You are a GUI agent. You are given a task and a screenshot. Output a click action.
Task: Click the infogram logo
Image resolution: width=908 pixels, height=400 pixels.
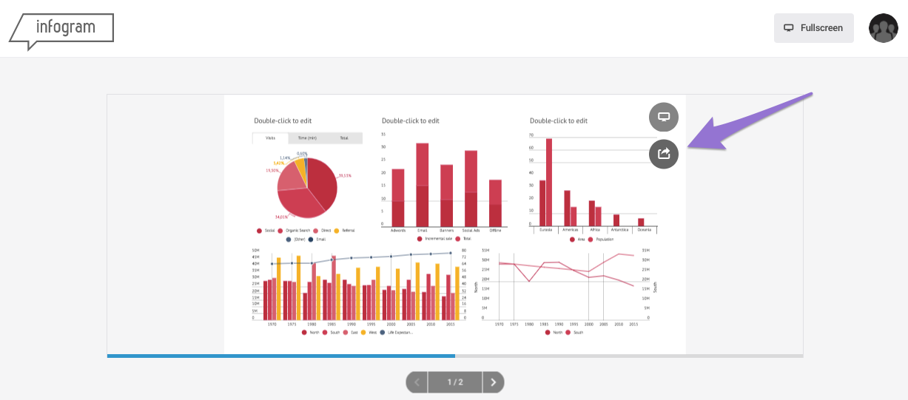coord(62,28)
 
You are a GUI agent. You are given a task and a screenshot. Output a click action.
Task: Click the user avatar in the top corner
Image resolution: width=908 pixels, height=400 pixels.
coord(883,28)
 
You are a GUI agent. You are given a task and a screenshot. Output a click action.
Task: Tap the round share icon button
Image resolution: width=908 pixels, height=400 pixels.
coord(664,154)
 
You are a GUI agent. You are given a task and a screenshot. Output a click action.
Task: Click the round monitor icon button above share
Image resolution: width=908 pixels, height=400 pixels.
coord(664,117)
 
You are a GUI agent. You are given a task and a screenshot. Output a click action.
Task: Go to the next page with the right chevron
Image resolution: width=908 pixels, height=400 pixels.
coord(494,382)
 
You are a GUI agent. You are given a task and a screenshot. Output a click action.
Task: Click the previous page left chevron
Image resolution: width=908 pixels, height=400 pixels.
coord(417,382)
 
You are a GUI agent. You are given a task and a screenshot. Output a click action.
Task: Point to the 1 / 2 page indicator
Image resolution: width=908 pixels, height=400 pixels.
coord(455,382)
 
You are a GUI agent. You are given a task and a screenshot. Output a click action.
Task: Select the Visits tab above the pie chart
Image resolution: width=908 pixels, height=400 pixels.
coord(271,138)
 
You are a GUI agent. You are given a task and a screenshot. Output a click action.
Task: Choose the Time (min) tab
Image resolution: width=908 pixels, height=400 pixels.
coord(307,138)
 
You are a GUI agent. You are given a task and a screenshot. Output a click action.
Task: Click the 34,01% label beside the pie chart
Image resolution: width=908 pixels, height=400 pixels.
coord(281,217)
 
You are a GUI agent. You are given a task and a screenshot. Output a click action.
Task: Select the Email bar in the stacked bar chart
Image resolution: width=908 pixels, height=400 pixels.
coord(422,185)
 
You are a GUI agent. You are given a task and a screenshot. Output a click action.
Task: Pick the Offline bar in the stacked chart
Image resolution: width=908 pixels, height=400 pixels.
coord(495,203)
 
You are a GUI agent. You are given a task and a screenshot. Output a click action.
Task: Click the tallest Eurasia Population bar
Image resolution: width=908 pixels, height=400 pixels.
coord(549,182)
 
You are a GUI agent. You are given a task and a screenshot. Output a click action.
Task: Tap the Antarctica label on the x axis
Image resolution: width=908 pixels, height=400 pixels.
coord(619,230)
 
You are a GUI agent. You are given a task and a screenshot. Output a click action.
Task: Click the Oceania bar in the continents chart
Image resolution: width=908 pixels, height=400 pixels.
coord(641,222)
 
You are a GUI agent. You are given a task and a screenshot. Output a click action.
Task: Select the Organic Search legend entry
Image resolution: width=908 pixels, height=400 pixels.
coord(295,231)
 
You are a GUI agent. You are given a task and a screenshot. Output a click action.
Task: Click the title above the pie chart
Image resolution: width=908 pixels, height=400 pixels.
coord(283,121)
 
